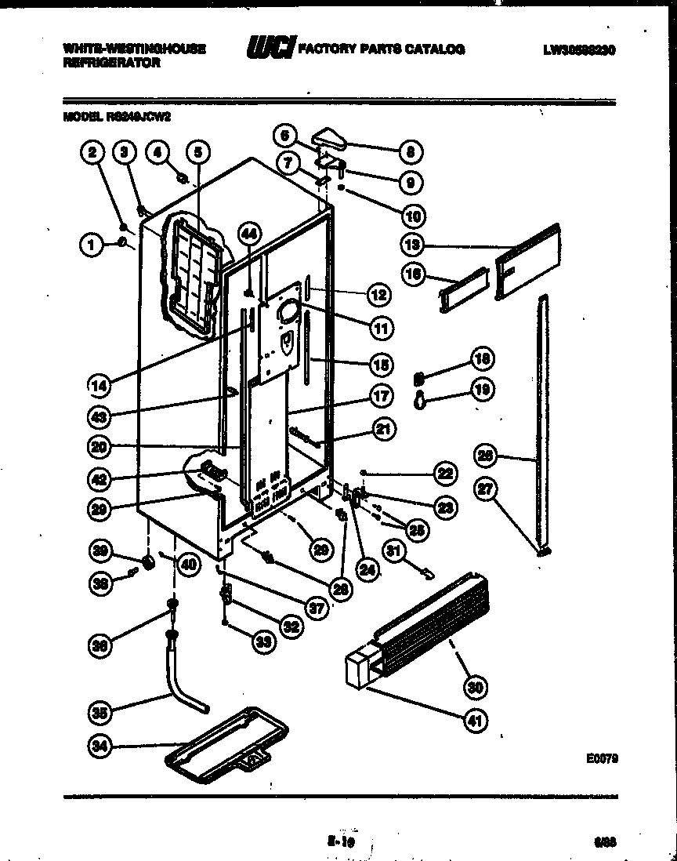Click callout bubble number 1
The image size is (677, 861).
click(92, 245)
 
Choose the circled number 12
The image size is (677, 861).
click(379, 295)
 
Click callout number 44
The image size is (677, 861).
click(248, 233)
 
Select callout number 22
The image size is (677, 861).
click(445, 473)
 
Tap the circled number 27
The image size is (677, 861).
click(486, 489)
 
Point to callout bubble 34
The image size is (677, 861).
click(99, 747)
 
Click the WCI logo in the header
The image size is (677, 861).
click(270, 49)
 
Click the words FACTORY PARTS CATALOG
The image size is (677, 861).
click(381, 49)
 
